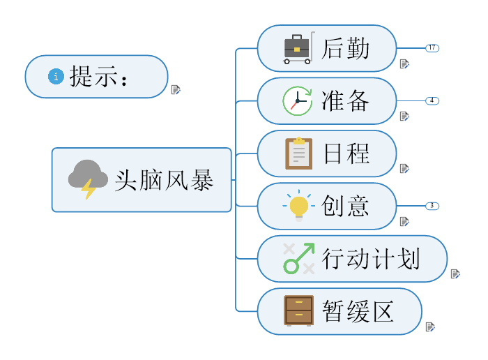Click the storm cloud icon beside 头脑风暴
pos(88,179)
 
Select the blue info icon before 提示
pos(56,76)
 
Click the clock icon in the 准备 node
pos(297,101)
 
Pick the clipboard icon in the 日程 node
pos(298,153)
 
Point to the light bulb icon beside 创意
pos(299,206)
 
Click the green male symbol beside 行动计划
pos(298,258)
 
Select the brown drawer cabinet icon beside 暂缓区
pos(298,310)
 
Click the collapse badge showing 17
pos(432,48)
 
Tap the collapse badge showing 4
pos(432,100)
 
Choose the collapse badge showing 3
pos(432,206)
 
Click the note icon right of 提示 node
pos(176,89)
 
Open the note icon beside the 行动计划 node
pos(455,273)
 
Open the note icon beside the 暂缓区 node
pos(430,327)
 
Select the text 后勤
pos(345,49)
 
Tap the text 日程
pos(346,153)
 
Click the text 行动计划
pos(371,259)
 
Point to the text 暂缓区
pos(358,311)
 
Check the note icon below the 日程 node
pos(404,168)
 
